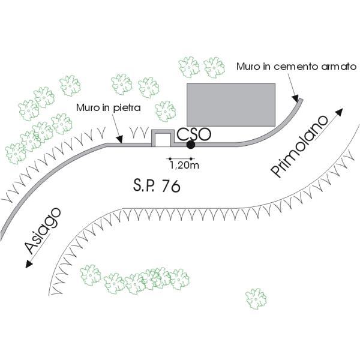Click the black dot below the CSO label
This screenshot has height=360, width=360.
[x=191, y=145]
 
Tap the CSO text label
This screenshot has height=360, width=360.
[x=193, y=133]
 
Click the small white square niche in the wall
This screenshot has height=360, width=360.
[x=161, y=139]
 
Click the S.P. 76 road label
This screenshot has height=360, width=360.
[x=157, y=185]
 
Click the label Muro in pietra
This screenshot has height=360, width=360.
[x=108, y=109]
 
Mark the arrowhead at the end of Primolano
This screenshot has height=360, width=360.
[x=340, y=112]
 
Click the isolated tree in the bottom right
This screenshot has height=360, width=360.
[x=256, y=298]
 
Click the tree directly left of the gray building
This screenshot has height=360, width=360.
[x=165, y=111]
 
